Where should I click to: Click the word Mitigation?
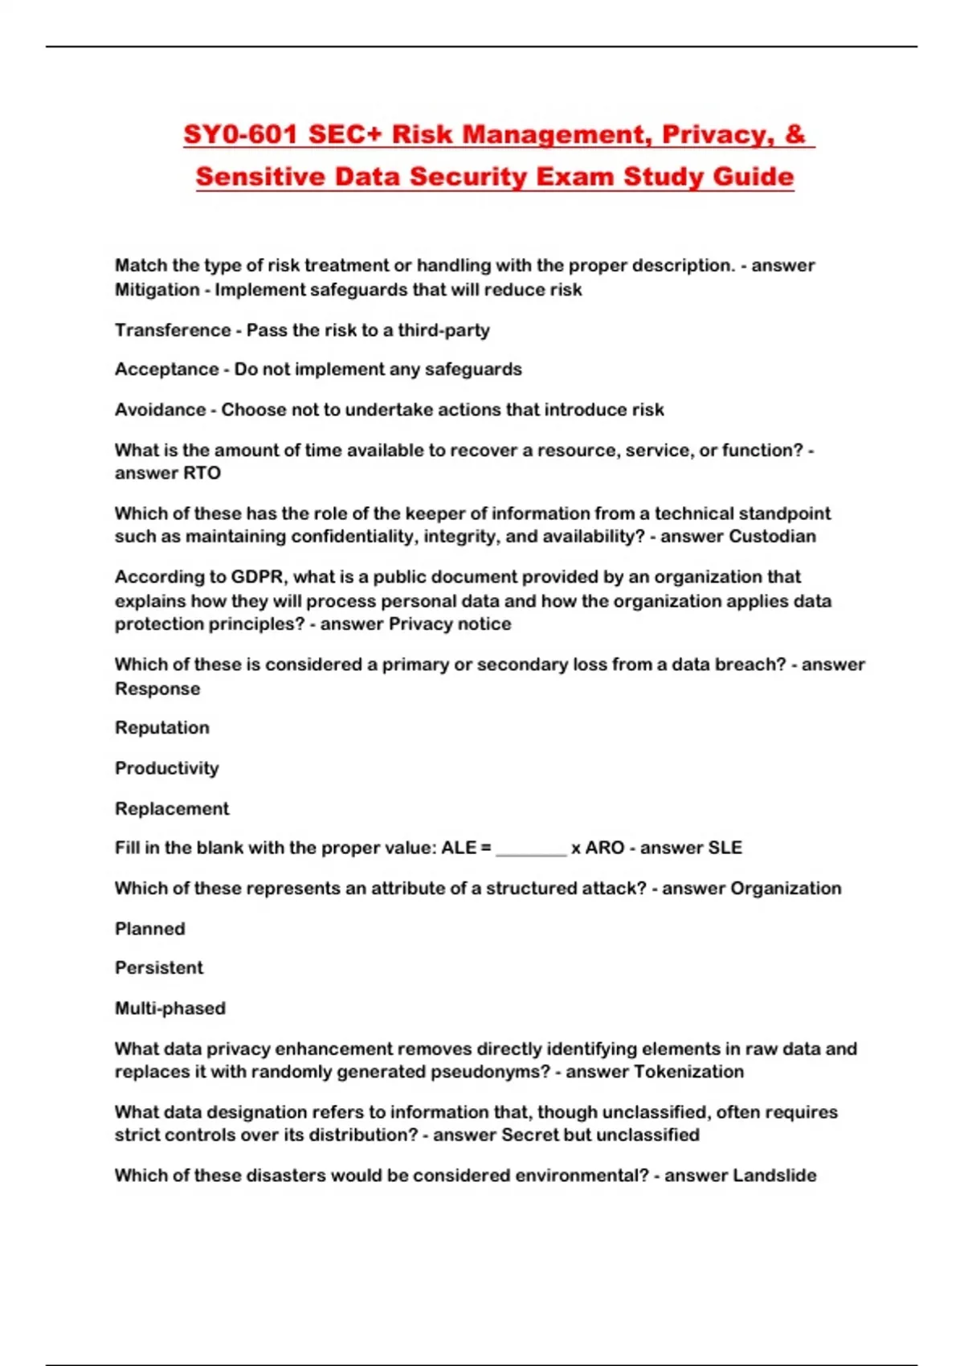(x=157, y=290)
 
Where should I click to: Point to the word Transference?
(x=173, y=330)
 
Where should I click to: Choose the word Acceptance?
(x=166, y=370)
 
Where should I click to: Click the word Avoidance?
(x=160, y=410)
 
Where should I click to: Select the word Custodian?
(x=772, y=537)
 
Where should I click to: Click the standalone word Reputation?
(x=162, y=728)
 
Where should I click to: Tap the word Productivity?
(x=166, y=768)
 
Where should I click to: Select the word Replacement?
(x=172, y=808)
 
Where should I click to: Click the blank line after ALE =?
(x=531, y=850)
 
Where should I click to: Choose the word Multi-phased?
(x=170, y=1008)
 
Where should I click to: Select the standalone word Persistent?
(x=159, y=968)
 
